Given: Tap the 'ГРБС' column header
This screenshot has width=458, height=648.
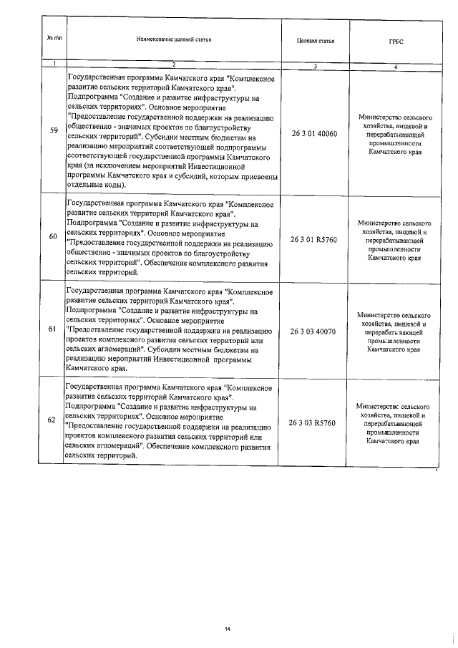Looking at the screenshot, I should pos(396,42).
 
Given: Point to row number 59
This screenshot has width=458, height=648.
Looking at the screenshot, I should pos(54,130).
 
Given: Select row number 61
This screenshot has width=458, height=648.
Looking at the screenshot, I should pos(54,329).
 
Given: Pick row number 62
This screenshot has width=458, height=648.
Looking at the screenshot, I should pos(54,420).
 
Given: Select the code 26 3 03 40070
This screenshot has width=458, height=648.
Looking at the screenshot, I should pos(313,332).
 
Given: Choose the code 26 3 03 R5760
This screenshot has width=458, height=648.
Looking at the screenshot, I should pos(313,423).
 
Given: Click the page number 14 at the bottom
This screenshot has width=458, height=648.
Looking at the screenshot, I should pos(227,629).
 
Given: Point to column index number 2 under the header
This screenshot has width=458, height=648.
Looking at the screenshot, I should pos(173,66).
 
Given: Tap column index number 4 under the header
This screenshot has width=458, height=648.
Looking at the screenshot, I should pos(396,66).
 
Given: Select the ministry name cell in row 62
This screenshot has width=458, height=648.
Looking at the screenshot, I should pos(396,424).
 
